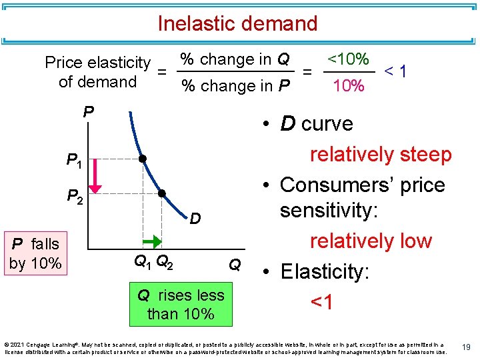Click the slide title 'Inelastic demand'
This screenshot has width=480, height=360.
coord(237,23)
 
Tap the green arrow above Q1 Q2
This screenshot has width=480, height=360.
coord(151,239)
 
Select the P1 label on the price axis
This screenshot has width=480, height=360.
coord(74,160)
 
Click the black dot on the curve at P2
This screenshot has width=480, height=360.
coord(161,194)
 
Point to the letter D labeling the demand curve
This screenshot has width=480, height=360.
coord(195,218)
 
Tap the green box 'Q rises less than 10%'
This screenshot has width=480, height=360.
coord(181,304)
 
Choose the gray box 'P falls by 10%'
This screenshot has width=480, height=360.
coord(34,253)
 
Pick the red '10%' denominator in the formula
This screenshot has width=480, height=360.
coord(348,86)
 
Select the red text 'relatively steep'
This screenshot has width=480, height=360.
coord(381,155)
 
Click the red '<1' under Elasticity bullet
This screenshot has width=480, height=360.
coord(323,302)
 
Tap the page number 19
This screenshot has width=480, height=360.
coord(467,347)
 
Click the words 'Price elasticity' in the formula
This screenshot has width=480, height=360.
coord(97,63)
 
